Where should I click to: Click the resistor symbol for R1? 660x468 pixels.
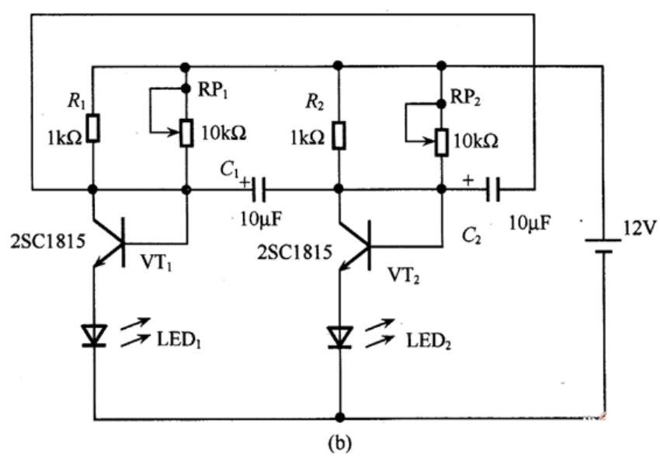tap(93, 127)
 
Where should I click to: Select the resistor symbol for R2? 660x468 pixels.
tap(339, 135)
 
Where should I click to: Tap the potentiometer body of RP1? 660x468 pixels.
tap(186, 133)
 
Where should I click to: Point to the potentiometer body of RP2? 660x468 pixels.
tap(441, 143)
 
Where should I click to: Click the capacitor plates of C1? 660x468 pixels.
tap(259, 189)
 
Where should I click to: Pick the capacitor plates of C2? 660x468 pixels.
tap(493, 189)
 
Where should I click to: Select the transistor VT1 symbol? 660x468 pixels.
tap(109, 243)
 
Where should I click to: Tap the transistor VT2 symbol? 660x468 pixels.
tap(354, 246)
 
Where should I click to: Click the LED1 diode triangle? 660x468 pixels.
tap(94, 335)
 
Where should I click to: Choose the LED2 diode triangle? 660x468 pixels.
tap(339, 337)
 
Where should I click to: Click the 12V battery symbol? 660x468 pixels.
tap(603, 246)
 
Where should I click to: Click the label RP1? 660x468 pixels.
tap(213, 89)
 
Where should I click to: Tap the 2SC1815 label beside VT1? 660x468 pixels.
tap(47, 241)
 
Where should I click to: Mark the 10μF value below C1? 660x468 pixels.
tap(261, 218)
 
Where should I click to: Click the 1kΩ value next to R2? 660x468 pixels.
tap(307, 138)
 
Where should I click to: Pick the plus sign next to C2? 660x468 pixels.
tap(468, 180)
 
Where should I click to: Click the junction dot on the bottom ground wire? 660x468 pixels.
tap(340, 417)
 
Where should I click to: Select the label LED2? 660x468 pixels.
tap(429, 341)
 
